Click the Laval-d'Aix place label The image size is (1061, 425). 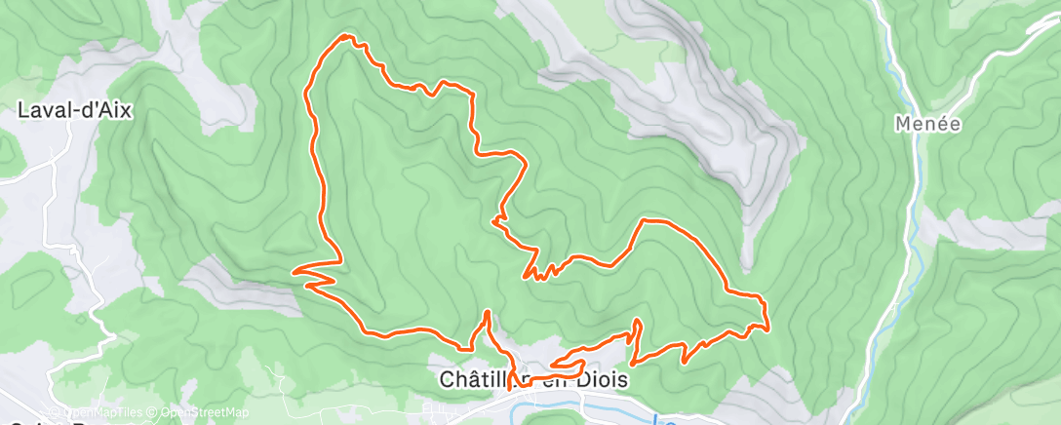tap(74, 110)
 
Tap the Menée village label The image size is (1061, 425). tap(928, 124)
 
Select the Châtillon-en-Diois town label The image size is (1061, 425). tap(532, 379)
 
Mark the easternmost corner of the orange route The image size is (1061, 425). tap(768, 328)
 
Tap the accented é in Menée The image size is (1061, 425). tap(942, 124)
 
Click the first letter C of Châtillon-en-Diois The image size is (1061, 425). tap(445, 379)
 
